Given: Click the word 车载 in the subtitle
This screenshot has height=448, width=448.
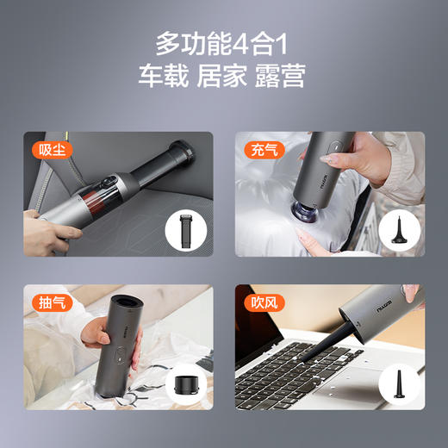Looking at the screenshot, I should coord(160,75).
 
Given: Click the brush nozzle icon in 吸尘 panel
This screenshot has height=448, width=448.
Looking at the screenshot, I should coord(184,233).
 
